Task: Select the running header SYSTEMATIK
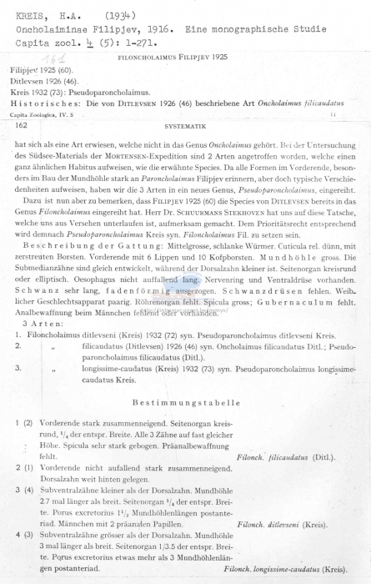pos(188,124)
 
